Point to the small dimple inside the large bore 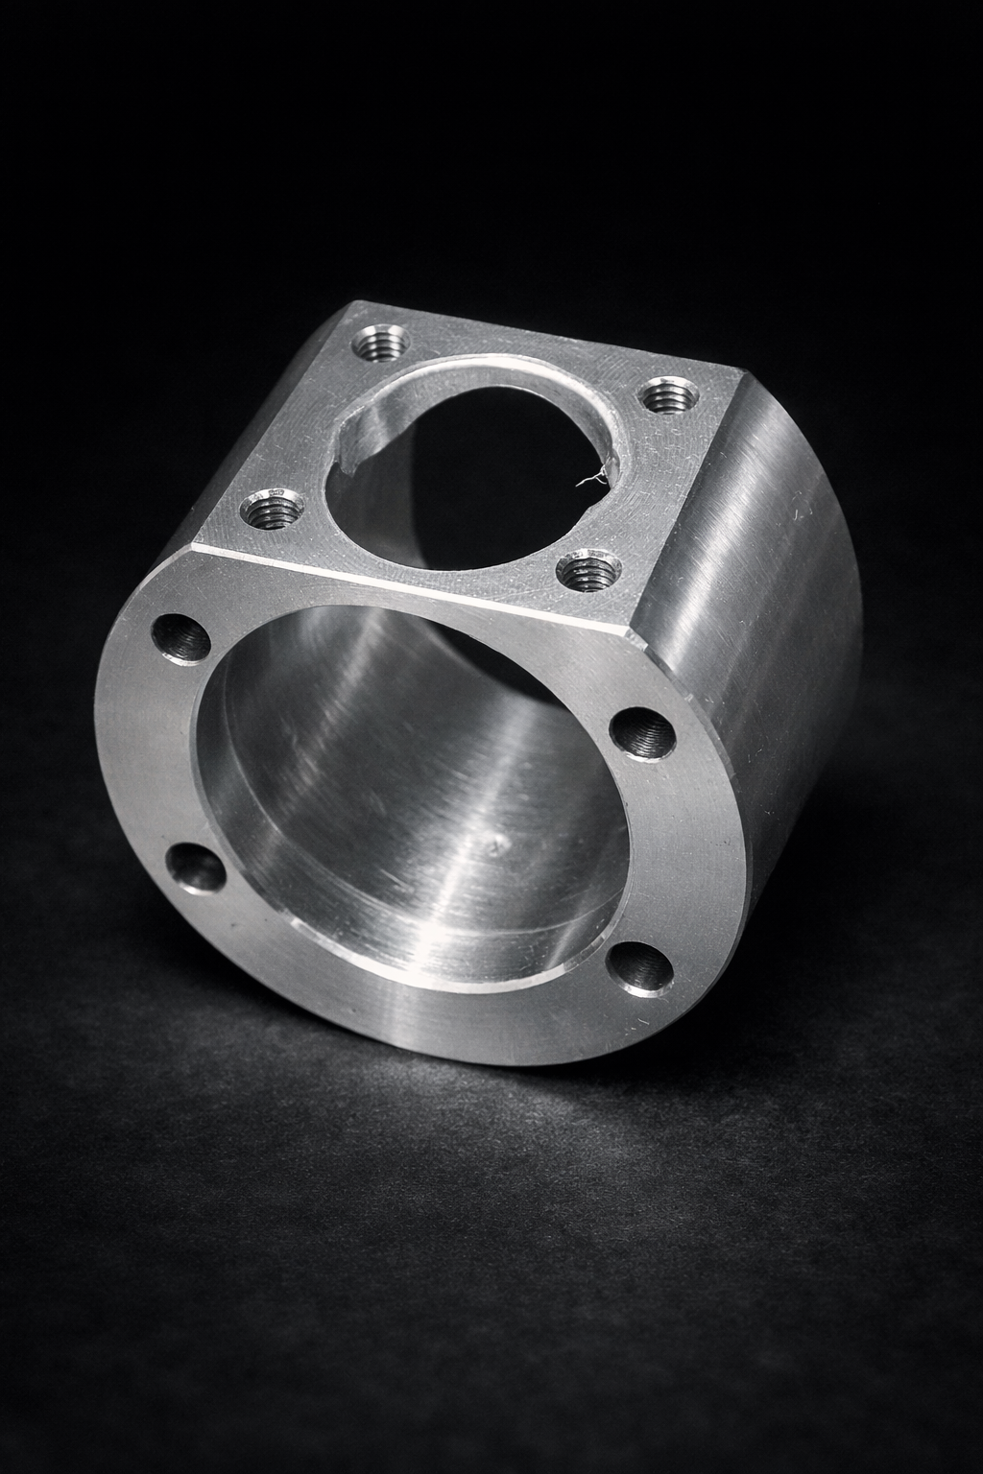pyautogui.click(x=495, y=845)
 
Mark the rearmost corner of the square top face pyautogui.click(x=357, y=304)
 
